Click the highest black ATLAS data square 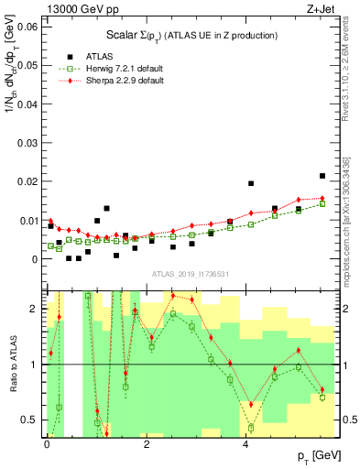click(x=322, y=176)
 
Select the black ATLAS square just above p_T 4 click(x=251, y=183)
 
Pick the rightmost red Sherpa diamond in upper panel click(x=322, y=198)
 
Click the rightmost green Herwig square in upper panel click(x=322, y=204)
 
